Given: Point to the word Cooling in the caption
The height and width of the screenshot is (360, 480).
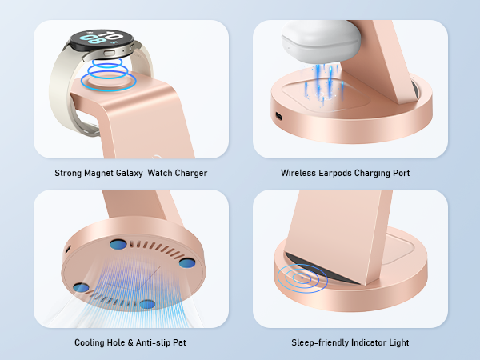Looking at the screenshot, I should [89, 342].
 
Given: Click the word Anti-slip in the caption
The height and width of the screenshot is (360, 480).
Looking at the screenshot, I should [152, 342].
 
